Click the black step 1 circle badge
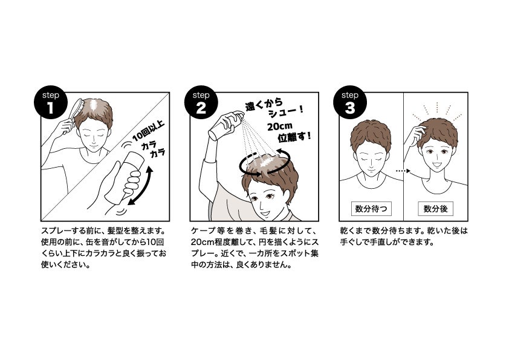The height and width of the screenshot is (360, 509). (51, 102)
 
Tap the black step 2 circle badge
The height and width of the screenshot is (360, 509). (201, 102)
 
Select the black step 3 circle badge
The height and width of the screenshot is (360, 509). (350, 102)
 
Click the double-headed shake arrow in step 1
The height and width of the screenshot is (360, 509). (140, 186)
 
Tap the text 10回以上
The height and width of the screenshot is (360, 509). (148, 131)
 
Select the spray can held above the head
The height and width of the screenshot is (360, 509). (225, 125)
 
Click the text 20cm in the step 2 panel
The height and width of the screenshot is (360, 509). (280, 126)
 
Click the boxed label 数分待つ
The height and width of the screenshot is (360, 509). (371, 209)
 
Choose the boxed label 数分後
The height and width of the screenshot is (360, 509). (435, 209)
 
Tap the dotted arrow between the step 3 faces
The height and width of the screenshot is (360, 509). (403, 171)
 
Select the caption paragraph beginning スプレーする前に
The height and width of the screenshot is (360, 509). (104, 247)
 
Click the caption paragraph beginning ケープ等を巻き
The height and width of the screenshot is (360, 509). (255, 247)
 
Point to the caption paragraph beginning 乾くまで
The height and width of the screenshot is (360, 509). (404, 237)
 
